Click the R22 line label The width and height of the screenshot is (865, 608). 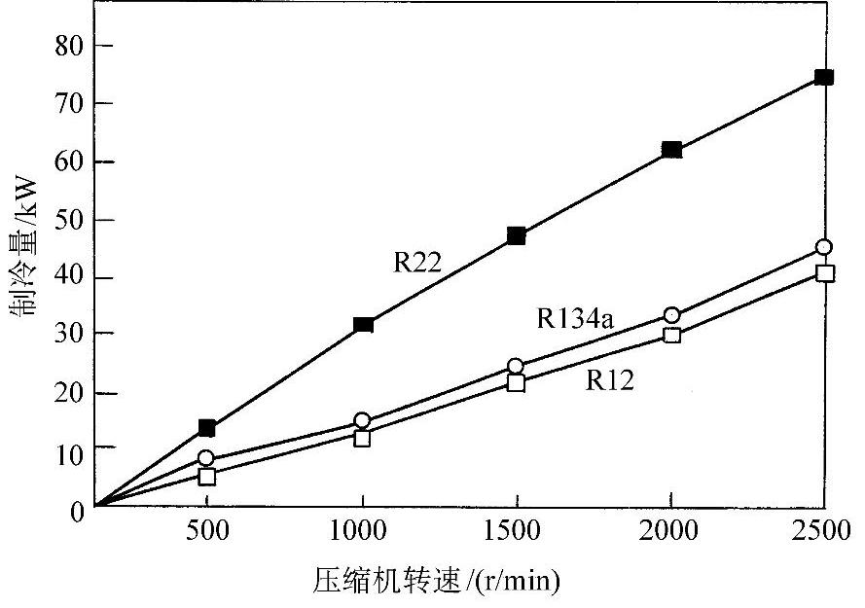click(x=418, y=263)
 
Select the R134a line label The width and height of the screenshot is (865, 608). click(x=574, y=319)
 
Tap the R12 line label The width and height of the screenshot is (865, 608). click(x=610, y=380)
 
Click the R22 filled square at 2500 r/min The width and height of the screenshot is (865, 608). click(x=823, y=77)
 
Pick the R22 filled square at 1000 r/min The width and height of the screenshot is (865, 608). click(x=363, y=324)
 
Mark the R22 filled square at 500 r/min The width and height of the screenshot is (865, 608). click(x=206, y=427)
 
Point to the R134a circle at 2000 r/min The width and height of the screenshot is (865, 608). click(x=671, y=315)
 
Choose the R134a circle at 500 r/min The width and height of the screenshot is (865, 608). click(x=206, y=458)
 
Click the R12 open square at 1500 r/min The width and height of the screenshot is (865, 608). click(x=516, y=382)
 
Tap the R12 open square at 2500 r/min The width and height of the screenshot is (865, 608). click(x=824, y=273)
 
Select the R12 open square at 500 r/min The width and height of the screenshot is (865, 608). click(x=206, y=477)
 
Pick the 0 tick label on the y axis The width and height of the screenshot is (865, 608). click(x=77, y=508)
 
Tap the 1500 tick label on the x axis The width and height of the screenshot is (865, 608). click(x=516, y=533)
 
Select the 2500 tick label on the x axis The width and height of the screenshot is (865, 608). click(x=823, y=533)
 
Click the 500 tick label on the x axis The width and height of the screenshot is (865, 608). click(x=206, y=533)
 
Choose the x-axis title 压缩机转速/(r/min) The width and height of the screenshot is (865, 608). click(x=437, y=581)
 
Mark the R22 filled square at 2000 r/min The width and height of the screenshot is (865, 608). click(x=671, y=150)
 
